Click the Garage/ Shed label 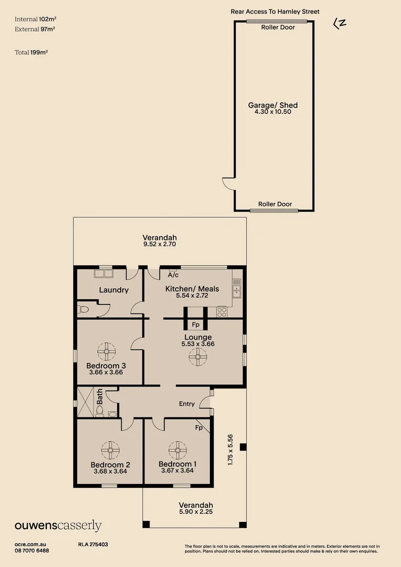tap(273, 105)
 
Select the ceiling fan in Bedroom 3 tap(107, 350)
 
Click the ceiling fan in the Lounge tap(198, 358)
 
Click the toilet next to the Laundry tap(83, 309)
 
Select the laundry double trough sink tap(103, 274)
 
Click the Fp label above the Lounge tap(195, 324)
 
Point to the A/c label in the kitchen tap(173, 275)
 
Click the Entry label tap(187, 404)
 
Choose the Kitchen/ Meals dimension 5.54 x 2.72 tap(192, 296)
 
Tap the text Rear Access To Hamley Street tap(275, 12)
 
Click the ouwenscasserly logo tap(58, 526)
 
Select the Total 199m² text tap(31, 52)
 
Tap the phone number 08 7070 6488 tap(32, 550)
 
